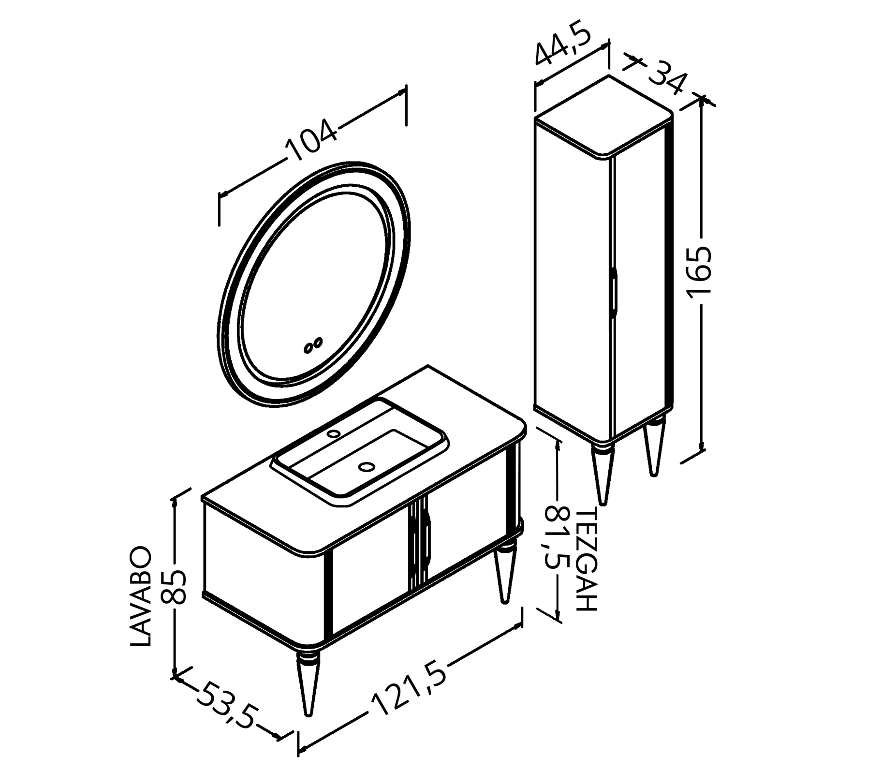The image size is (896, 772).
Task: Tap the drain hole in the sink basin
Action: click(367, 467)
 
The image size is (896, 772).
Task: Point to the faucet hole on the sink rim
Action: click(333, 433)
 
